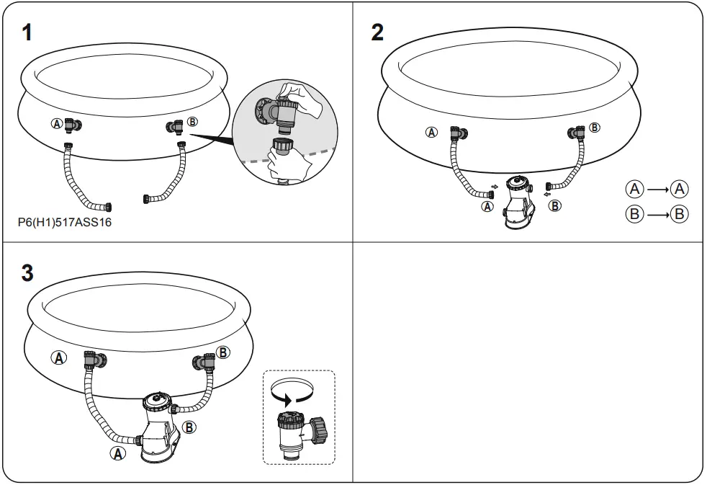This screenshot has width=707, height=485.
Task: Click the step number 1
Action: click(x=26, y=32)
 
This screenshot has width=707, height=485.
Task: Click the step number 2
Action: click(x=377, y=32)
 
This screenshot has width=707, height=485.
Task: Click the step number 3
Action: click(x=27, y=274)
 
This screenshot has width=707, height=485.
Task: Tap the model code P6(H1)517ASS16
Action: click(x=64, y=223)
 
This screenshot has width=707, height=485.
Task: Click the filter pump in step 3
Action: click(x=159, y=428)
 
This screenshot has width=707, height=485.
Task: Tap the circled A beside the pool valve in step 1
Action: click(x=56, y=123)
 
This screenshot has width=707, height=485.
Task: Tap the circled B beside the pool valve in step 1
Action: click(x=192, y=121)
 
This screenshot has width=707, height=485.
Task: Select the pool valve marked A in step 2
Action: click(x=456, y=133)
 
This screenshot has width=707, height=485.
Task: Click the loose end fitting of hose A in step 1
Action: click(x=107, y=208)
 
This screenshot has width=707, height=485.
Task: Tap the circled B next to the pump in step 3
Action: click(x=189, y=427)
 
